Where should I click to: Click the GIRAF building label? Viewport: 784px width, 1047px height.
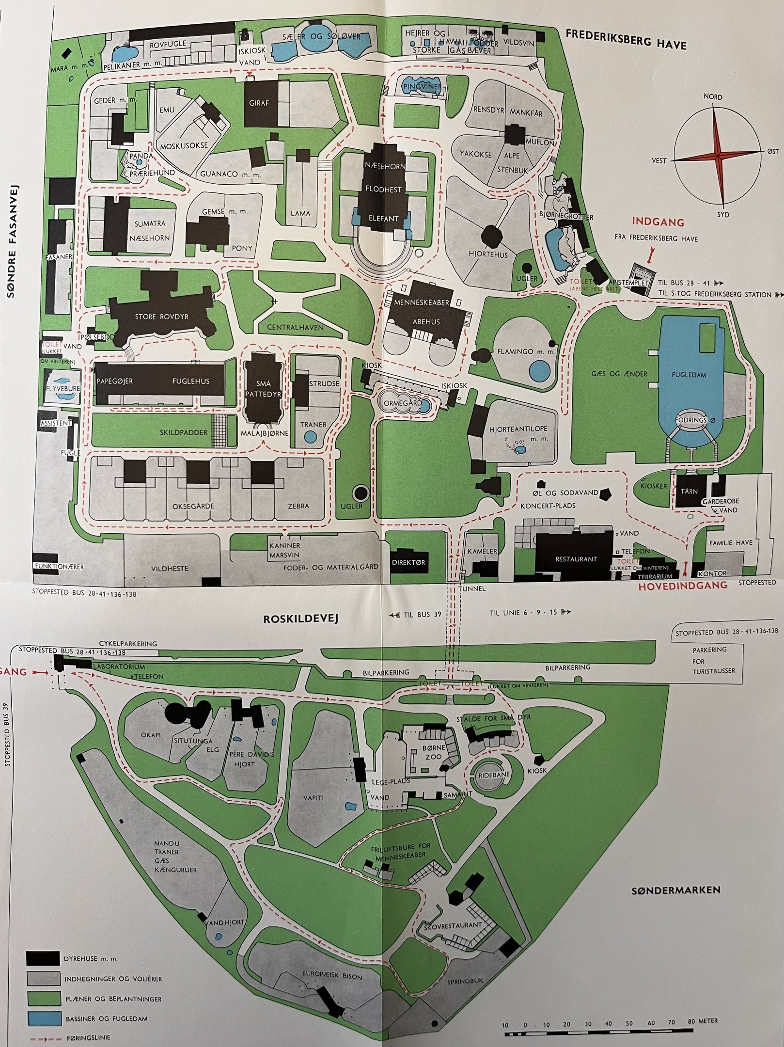tap(259, 103)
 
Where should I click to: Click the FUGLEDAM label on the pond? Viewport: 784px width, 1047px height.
tap(689, 375)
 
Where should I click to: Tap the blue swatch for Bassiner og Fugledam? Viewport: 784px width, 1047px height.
tap(44, 1018)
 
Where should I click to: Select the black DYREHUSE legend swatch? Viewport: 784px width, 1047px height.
tap(43, 958)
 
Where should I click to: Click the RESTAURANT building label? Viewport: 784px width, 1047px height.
tap(576, 559)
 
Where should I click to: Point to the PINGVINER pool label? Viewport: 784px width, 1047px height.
tap(422, 87)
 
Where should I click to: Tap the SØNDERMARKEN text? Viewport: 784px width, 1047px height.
tap(676, 889)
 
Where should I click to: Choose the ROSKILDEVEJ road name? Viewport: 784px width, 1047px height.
tap(300, 619)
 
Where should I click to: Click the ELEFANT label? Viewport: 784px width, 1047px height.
tap(383, 219)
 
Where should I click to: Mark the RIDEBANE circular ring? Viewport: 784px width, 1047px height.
tap(494, 775)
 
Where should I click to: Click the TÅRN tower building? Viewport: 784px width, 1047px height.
tap(689, 491)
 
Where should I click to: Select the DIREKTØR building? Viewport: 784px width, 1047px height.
tap(408, 562)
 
